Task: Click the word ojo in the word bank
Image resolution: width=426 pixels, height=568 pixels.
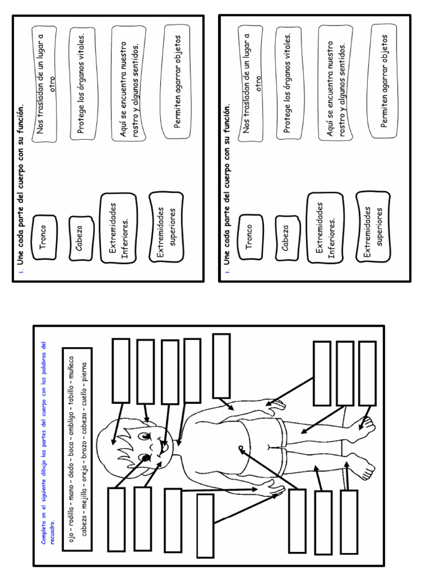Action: point(70,541)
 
